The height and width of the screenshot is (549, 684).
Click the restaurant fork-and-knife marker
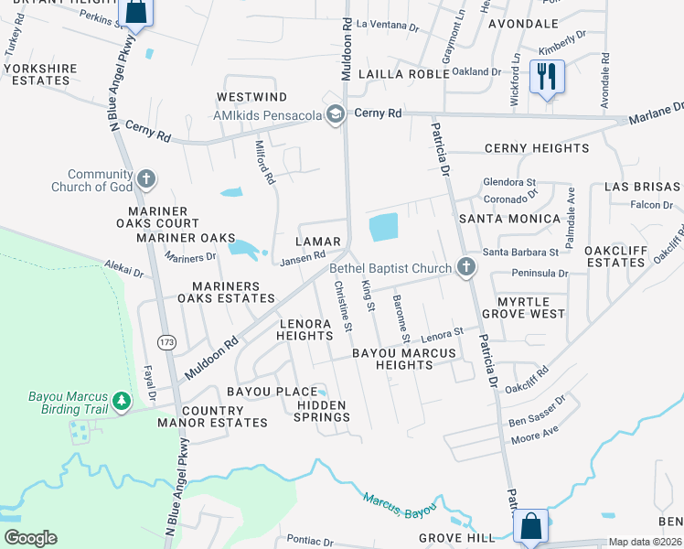(547, 74)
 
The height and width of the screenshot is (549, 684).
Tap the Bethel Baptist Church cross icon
(466, 268)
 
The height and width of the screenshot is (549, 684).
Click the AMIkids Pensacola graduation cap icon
(335, 113)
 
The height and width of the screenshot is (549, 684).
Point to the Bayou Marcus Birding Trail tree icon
(120, 401)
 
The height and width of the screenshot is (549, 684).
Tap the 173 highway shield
(166, 341)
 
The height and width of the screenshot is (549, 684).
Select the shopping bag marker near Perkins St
(135, 11)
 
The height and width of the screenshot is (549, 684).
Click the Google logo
(30, 537)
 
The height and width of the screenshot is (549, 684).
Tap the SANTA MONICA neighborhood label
(509, 219)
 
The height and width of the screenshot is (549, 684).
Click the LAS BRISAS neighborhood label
(645, 187)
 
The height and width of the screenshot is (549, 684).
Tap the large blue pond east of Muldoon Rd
(383, 227)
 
